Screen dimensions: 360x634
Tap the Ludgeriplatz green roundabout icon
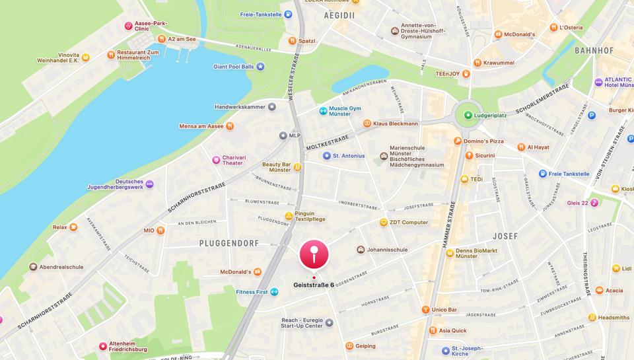pos(468,115)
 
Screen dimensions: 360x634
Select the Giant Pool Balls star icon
pos(260,67)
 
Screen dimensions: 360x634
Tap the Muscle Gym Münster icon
pos(323,110)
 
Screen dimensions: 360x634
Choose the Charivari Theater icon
pos(215,159)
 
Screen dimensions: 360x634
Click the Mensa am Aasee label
pos(201,126)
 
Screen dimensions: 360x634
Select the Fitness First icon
pos(274,291)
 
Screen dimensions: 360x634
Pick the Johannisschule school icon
pos(361,250)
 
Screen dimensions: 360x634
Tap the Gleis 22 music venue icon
pos(594,203)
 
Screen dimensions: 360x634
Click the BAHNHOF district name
pos(594,50)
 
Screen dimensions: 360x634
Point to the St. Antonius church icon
pos(326,156)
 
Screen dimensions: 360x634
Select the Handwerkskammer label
pos(239,106)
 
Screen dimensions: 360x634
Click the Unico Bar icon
pos(425,309)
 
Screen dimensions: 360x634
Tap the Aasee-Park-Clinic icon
pos(129,26)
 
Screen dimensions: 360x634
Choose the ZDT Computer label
pos(408,223)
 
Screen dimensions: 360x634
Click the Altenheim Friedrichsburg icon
pos(102,345)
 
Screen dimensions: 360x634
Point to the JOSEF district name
pos(505,236)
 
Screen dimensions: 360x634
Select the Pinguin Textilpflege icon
pos(289,215)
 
